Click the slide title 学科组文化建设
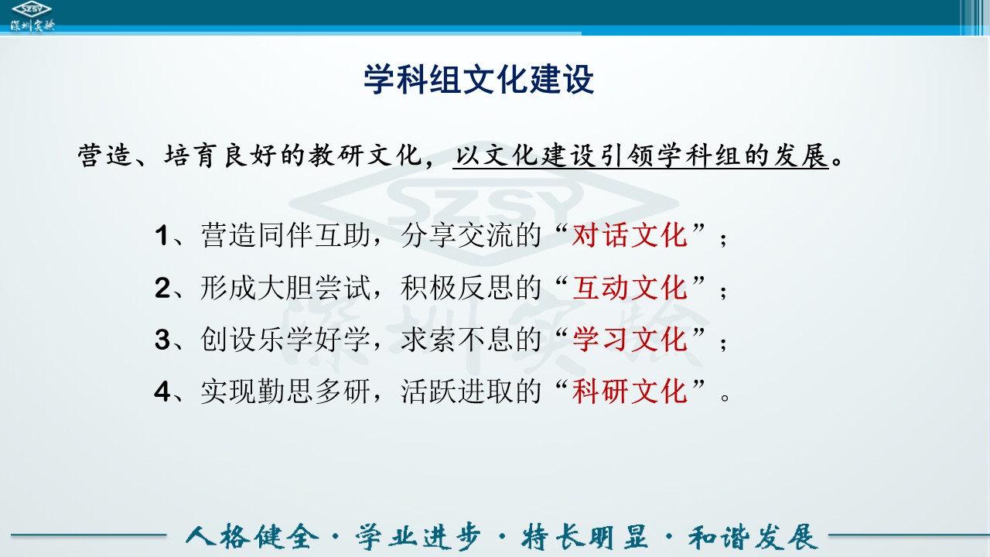click(x=479, y=80)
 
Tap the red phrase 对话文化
click(x=630, y=234)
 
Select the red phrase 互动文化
click(x=630, y=287)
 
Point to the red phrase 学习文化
click(x=630, y=340)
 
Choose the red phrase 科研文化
click(x=630, y=391)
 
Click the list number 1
click(x=162, y=235)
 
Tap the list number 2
click(x=162, y=288)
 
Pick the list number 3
click(x=162, y=340)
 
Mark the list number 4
click(x=162, y=392)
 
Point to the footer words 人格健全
click(x=252, y=537)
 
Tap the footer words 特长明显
click(x=584, y=537)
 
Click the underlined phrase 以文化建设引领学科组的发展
click(x=641, y=155)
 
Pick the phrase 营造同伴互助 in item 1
click(x=285, y=234)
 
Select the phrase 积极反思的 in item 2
click(x=471, y=287)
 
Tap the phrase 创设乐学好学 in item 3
click(x=285, y=340)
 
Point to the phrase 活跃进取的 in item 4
click(x=471, y=391)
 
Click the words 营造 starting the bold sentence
click(x=105, y=155)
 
